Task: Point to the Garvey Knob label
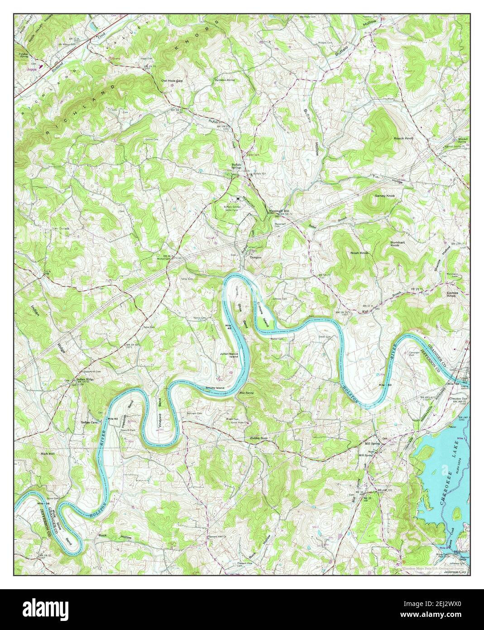tap(385, 196)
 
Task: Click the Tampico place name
tap(257, 257)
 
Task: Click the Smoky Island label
tap(215, 388)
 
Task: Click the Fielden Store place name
tap(259, 438)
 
